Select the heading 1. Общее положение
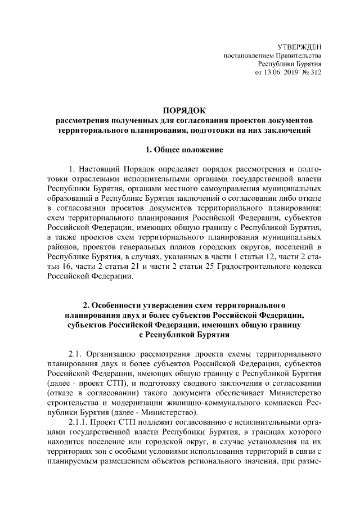pyautogui.click(x=180, y=150)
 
